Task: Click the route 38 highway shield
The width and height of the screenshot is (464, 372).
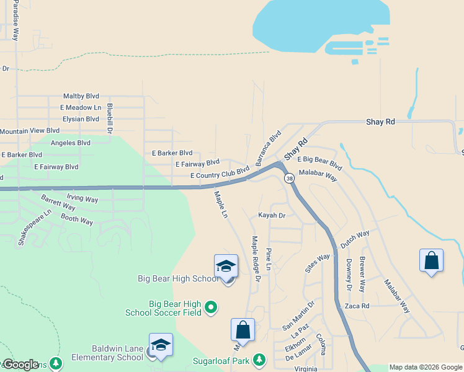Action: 289,178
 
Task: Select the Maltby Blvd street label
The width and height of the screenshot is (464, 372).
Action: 81,96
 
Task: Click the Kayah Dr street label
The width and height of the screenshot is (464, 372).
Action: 272,216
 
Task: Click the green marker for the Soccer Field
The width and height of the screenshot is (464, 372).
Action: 211,306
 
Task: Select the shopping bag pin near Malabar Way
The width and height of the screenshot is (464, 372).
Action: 431,261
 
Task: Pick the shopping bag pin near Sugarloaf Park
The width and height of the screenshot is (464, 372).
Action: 243,330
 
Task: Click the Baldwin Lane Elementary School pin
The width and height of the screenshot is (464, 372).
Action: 161,345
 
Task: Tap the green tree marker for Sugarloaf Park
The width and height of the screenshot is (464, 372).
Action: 259,360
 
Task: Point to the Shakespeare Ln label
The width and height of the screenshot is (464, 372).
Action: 34,227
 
